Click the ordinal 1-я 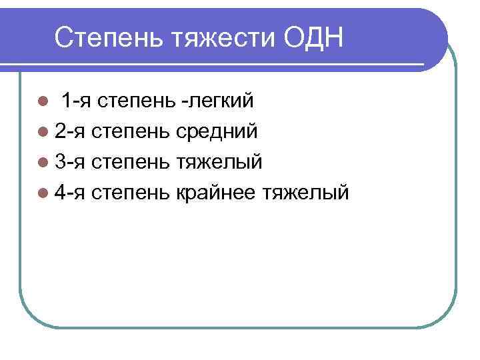point(77,101)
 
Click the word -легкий point(217,101)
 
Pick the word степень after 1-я point(137,102)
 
